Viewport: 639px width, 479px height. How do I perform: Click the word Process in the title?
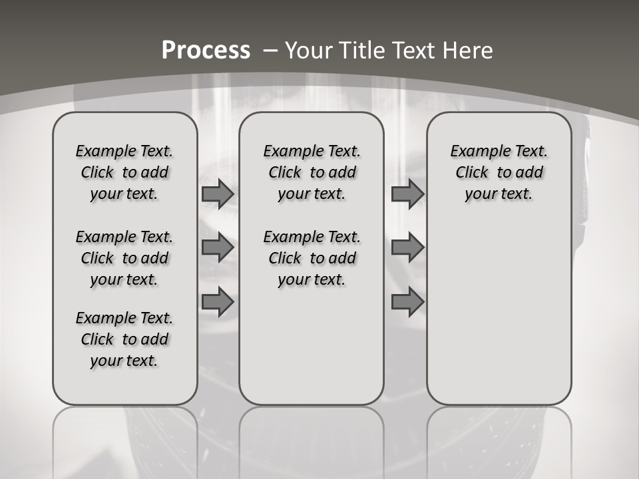pos(206,50)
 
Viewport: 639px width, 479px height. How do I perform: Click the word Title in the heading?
pos(363,50)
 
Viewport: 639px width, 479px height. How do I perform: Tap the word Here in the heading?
pos(469,50)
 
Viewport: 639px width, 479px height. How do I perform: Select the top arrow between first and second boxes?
pos(218,194)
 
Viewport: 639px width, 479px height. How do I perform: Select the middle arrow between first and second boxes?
pos(218,247)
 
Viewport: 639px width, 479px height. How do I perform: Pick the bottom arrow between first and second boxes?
pos(218,302)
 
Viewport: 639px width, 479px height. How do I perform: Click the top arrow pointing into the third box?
pos(407,194)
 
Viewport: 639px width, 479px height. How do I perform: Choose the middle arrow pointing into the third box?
pos(407,247)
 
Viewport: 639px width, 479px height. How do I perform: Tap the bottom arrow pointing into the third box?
pos(407,302)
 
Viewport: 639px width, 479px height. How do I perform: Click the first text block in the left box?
pos(124,172)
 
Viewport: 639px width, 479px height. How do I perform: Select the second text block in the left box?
pos(124,258)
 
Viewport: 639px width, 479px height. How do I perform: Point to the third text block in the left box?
pos(124,339)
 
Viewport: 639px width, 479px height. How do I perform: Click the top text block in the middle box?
pos(312,172)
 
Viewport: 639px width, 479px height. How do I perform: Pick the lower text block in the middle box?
pos(312,258)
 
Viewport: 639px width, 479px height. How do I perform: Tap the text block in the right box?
pos(499,172)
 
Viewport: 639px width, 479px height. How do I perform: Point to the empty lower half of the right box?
pos(499,313)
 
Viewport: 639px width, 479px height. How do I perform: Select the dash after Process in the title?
pos(270,50)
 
